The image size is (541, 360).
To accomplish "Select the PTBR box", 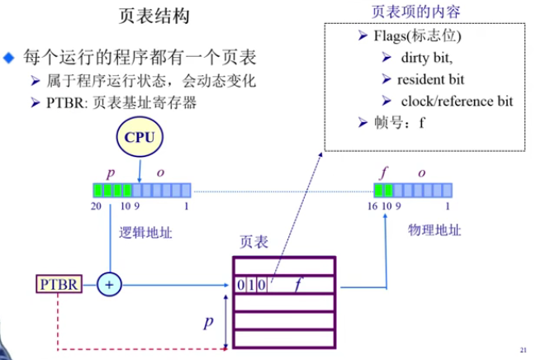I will coord(59,285).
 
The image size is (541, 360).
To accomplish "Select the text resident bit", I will coord(430,80).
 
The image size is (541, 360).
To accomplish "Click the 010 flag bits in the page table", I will coord(249,285).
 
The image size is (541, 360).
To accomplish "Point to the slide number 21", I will coord(523,349).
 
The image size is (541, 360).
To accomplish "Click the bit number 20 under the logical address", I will coord(97,205).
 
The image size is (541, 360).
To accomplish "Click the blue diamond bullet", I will coord(9,59).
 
